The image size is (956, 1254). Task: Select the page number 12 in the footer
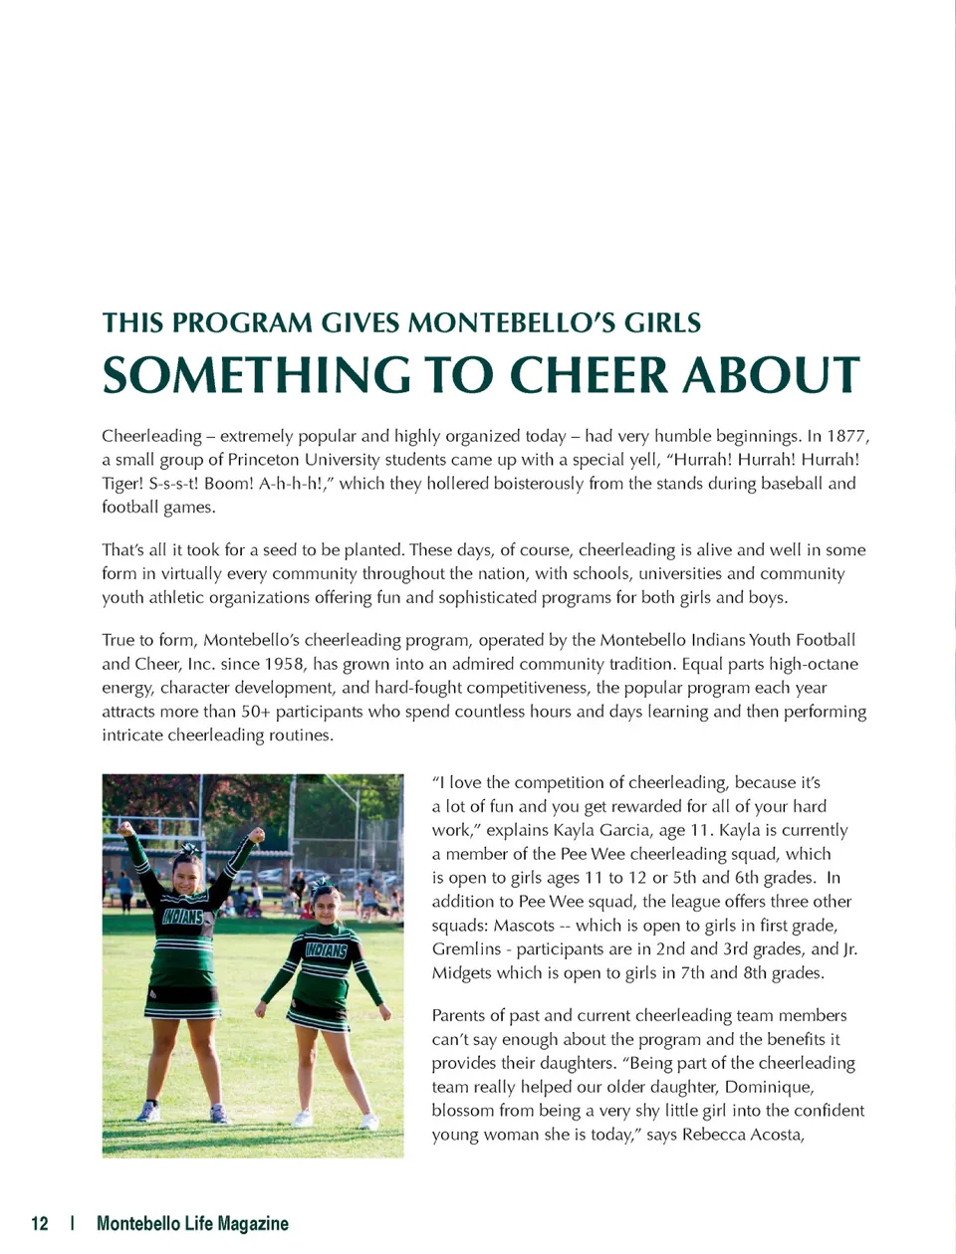coord(40,1223)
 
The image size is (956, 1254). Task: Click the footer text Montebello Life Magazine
coord(192,1223)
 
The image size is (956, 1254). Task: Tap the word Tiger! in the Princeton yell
coord(122,484)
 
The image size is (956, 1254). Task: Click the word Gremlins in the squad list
coord(466,949)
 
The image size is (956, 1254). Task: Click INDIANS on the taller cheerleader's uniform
coord(182,916)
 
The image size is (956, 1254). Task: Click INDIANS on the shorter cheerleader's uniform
coord(326,950)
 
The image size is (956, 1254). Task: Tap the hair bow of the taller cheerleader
coord(188,851)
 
